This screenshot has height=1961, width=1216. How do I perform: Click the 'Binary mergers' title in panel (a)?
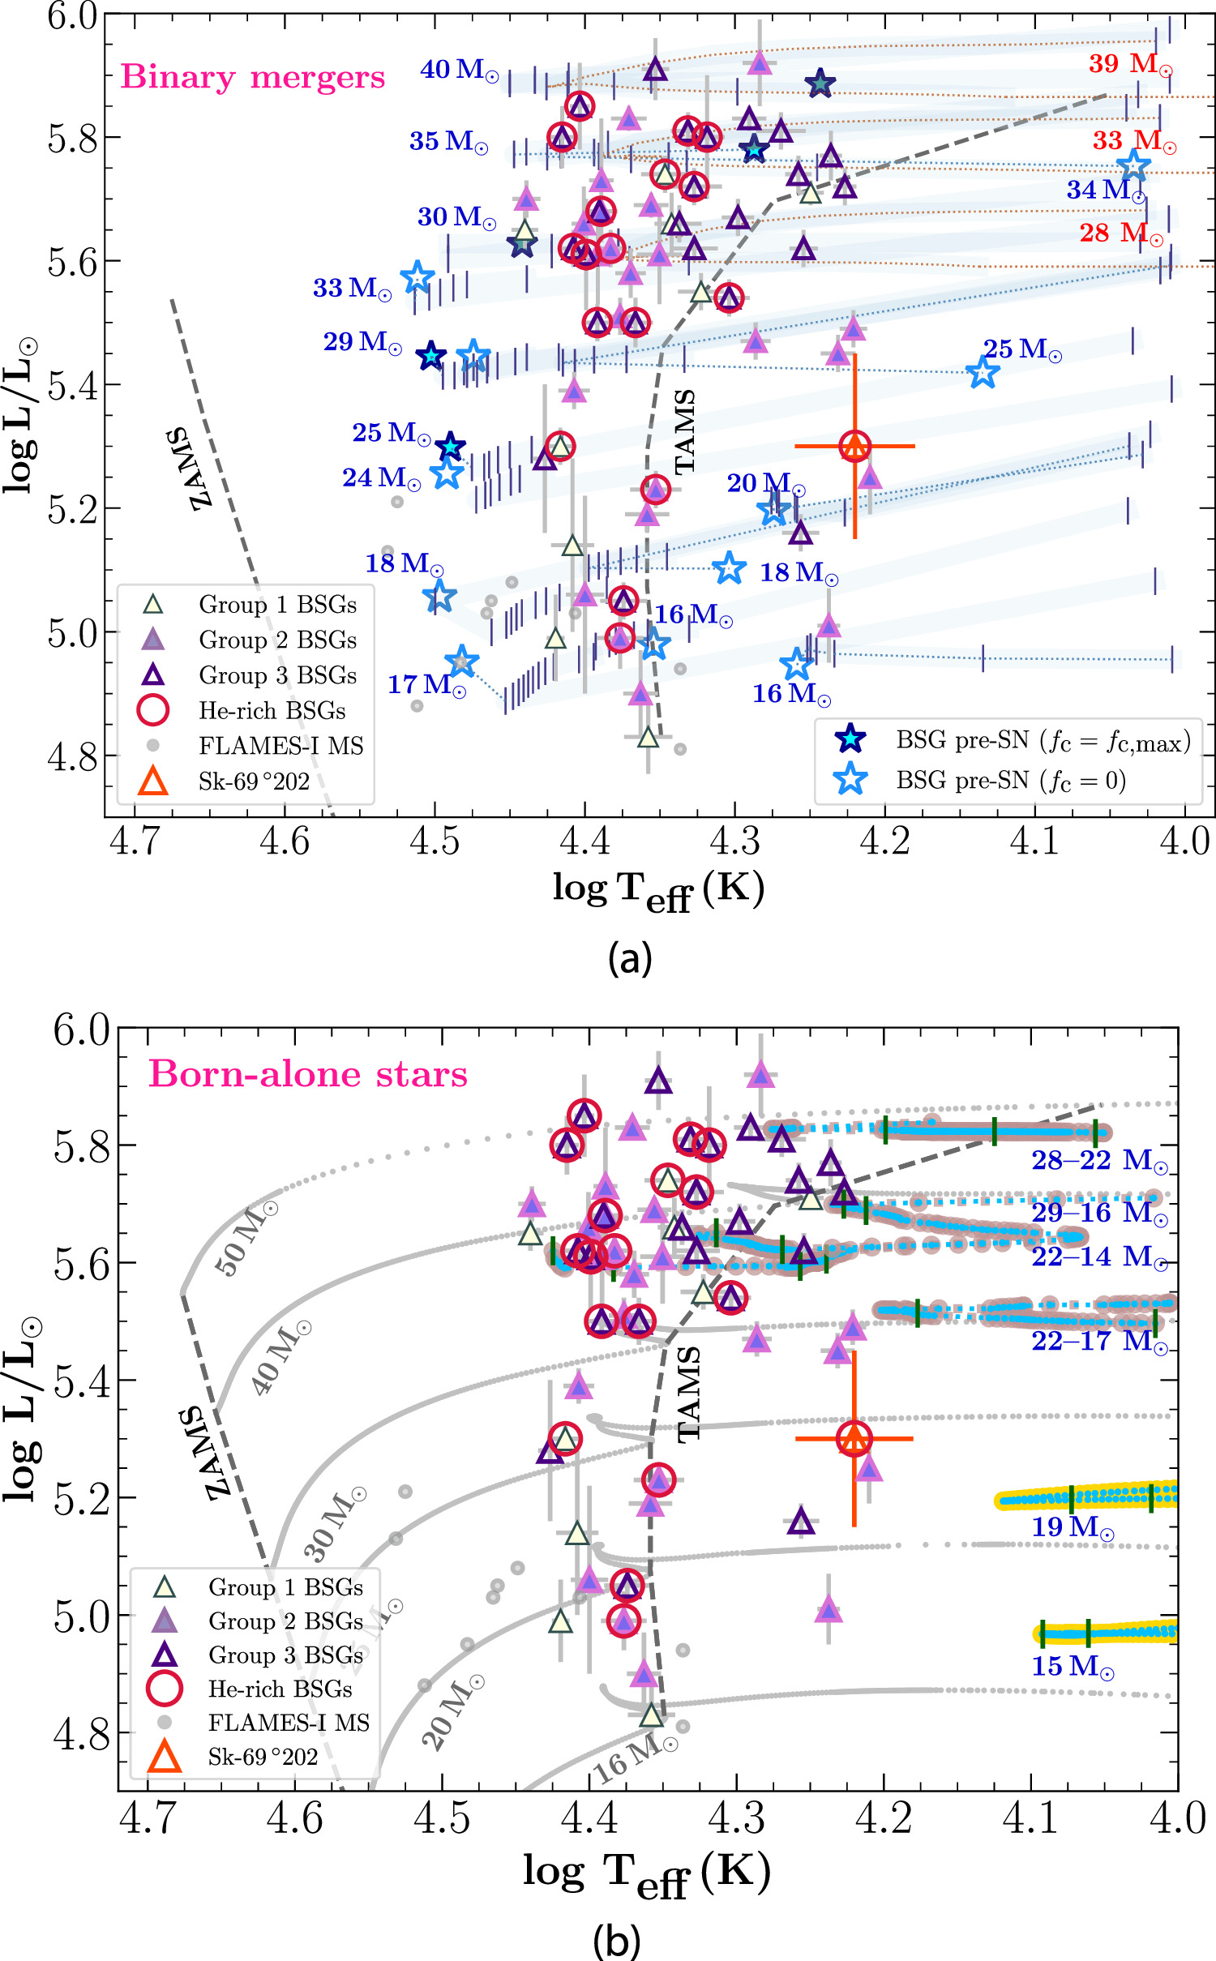[252, 78]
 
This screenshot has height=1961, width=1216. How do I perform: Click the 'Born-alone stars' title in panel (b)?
[308, 1074]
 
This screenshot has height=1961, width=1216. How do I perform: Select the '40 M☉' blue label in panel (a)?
[458, 71]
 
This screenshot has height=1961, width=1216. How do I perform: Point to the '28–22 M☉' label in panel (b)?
[1099, 1161]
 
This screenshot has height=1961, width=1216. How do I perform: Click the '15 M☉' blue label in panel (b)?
[1072, 1667]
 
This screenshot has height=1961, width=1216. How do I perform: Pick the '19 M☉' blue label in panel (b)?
[1072, 1527]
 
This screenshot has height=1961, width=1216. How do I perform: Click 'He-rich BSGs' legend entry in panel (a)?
[272, 711]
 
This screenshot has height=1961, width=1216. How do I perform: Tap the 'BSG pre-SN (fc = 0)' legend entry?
[1010, 781]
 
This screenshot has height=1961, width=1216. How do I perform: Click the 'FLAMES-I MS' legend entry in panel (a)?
[280, 746]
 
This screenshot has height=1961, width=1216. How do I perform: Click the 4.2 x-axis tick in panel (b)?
[884, 1818]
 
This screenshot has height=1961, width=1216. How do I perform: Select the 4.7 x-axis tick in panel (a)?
[135, 841]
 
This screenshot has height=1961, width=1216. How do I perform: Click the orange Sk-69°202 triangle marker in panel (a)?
[855, 446]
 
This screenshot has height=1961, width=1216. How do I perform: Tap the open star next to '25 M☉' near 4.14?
[983, 373]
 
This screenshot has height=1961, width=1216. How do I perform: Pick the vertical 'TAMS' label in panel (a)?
[685, 431]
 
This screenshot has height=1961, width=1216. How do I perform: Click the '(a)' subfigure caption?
[630, 958]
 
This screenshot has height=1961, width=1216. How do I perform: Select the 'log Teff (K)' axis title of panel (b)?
[646, 1873]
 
